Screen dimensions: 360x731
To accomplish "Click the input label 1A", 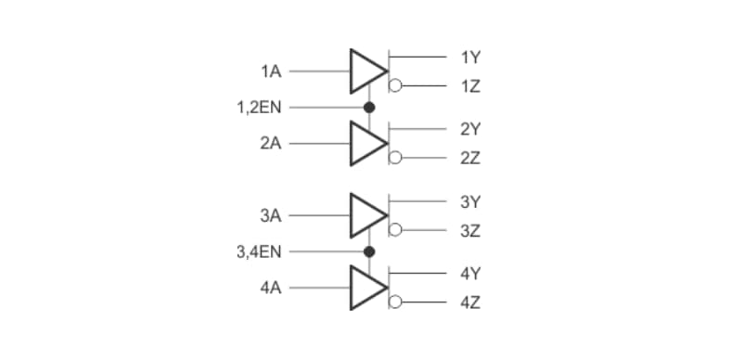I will pos(271,71).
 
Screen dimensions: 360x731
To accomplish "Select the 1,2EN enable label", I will pos(260,108).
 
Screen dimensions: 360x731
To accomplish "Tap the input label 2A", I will pos(271,144).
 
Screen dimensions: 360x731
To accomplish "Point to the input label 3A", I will pos(271,215).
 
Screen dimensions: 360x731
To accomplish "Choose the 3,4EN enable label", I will pos(260,251).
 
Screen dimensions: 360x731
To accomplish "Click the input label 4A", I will pos(271,288).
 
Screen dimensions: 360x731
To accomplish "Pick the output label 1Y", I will pos(469,58).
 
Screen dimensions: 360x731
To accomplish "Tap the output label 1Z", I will pos(469,87).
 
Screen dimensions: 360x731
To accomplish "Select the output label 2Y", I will pos(469,129).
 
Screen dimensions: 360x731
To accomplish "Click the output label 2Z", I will pos(469,159).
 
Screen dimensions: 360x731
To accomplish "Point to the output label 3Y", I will pos(469,201).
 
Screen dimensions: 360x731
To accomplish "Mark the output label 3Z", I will pos(469,231).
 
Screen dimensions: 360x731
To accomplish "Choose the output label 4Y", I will pos(469,274).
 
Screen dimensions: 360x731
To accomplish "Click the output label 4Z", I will pos(469,303).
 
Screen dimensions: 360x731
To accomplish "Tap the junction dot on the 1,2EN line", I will pos(368,108).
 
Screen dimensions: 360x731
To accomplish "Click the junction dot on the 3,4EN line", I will pos(368,251).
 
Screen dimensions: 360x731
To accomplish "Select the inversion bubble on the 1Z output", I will pos(394,87).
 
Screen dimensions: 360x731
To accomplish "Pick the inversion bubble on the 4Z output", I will pos(394,302).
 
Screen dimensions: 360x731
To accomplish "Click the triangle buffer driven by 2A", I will pos(365,144).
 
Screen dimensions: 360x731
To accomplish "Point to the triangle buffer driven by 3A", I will pos(365,215).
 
